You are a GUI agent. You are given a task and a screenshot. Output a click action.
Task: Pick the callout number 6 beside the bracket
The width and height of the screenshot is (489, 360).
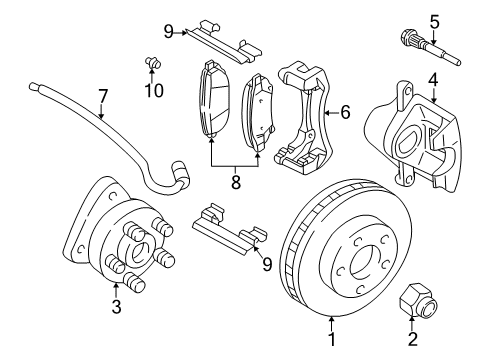(x=344, y=112)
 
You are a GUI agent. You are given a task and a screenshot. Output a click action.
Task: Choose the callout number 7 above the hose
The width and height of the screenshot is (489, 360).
(x=102, y=96)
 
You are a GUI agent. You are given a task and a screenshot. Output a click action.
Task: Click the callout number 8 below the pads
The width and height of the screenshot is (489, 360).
(x=235, y=183)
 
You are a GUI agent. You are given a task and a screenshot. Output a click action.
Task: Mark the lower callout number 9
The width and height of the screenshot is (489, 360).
(x=266, y=264)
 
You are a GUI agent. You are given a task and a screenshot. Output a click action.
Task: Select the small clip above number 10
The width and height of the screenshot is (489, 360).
(x=153, y=65)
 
